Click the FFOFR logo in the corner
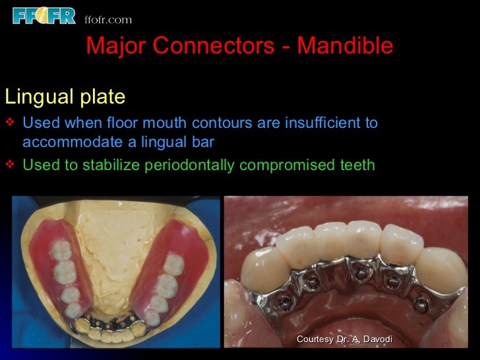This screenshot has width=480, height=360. pyautogui.click(x=44, y=15)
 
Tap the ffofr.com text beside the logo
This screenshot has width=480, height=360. pyautogui.click(x=108, y=19)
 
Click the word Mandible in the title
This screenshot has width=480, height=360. pyautogui.click(x=345, y=46)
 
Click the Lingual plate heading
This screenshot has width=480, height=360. pyautogui.click(x=65, y=97)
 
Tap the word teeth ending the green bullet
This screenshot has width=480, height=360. pyautogui.click(x=355, y=165)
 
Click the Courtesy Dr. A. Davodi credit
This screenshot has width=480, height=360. pyautogui.click(x=344, y=339)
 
